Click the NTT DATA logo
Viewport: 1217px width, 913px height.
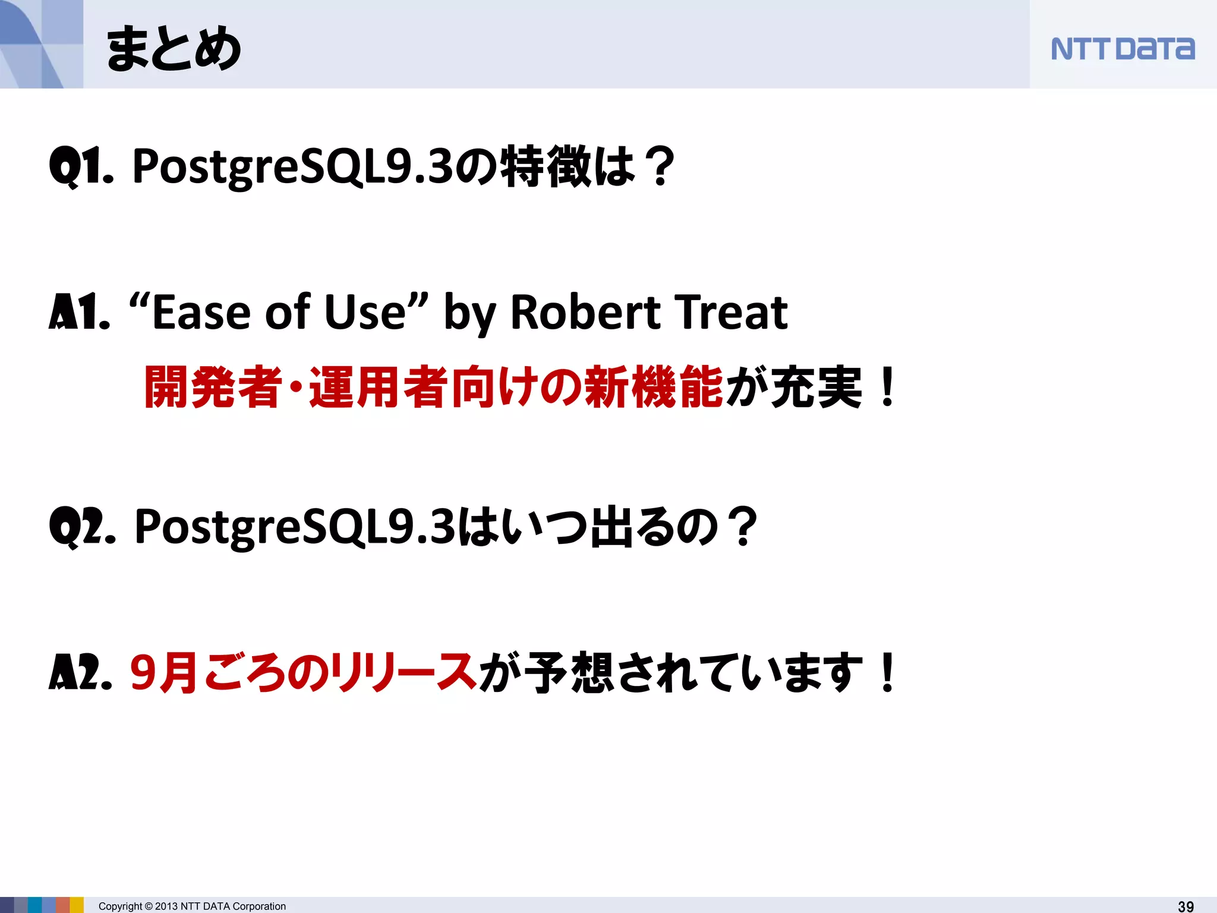1122,49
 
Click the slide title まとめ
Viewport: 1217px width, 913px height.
173,49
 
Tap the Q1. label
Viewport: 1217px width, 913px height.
81,166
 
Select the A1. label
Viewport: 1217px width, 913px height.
79,313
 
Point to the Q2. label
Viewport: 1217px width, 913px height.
82,527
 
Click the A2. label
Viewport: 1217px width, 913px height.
80,673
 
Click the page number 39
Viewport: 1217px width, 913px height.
1186,906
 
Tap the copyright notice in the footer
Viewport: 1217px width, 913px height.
192,906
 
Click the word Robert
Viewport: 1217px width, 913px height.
585,313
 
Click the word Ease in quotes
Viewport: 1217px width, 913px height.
201,313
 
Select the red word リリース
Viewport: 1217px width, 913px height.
404,673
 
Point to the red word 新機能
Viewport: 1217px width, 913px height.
654,388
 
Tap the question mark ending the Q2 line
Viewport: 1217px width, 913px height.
744,527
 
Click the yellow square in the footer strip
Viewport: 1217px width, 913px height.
77,905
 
